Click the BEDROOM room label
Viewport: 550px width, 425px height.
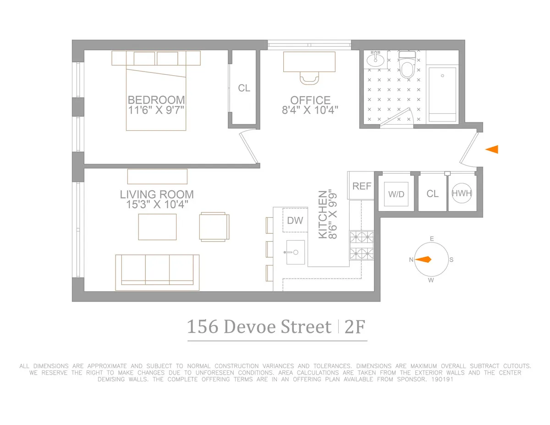tap(156, 100)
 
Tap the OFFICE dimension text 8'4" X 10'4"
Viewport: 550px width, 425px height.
tap(310, 110)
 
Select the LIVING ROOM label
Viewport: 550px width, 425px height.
tap(157, 194)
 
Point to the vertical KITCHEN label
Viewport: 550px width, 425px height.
tap(323, 215)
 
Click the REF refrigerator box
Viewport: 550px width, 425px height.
tap(362, 186)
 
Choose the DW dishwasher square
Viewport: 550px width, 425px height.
tap(295, 221)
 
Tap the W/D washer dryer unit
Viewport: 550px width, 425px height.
tap(396, 193)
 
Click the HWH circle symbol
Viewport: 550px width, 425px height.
tap(462, 193)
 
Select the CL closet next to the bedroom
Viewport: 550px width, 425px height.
tap(244, 88)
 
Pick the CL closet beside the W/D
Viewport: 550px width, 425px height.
tap(432, 193)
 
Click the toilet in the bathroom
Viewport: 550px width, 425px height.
tap(406, 66)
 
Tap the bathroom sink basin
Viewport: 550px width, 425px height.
tap(375, 60)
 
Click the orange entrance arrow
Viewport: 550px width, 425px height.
tap(492, 149)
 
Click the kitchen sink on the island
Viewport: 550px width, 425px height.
tap(296, 252)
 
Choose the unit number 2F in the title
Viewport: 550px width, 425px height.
tap(355, 327)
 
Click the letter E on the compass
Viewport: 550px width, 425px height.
tap(431, 238)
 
